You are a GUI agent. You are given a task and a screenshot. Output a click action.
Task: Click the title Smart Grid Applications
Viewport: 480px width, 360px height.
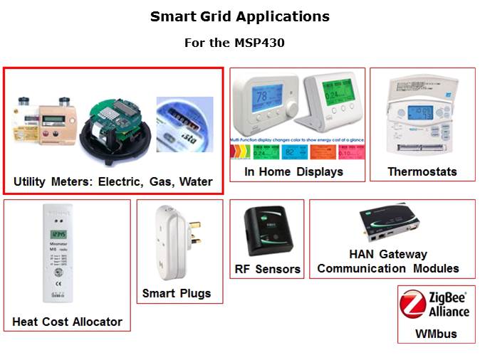[240, 16]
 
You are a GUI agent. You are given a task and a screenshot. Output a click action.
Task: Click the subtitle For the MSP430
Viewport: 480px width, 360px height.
[240, 43]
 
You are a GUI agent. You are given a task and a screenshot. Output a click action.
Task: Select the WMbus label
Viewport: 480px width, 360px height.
[436, 333]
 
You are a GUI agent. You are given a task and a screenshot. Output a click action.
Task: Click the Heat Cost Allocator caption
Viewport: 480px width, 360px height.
[67, 322]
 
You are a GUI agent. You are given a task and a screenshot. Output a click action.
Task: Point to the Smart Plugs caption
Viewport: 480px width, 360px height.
[176, 293]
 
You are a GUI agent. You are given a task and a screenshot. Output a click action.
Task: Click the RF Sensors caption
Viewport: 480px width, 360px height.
[268, 269]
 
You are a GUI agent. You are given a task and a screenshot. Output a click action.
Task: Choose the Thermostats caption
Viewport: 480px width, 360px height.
[422, 171]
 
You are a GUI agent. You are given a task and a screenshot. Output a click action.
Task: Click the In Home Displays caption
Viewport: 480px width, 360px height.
[293, 171]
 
